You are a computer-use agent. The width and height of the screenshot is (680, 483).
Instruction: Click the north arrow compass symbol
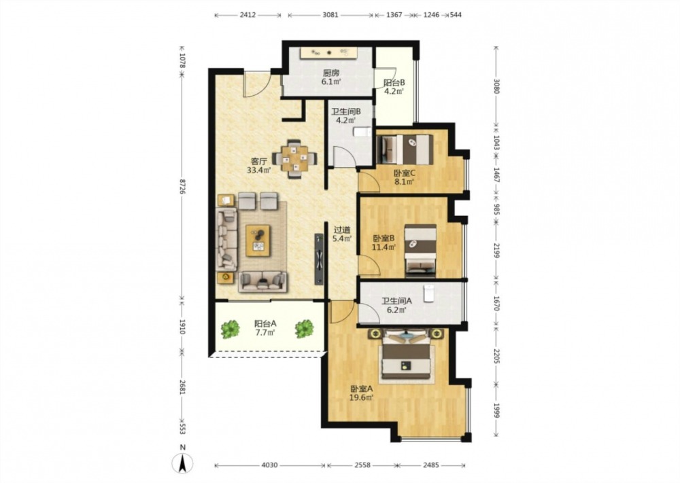(182, 464)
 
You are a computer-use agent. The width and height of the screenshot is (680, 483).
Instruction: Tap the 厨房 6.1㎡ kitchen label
(331, 77)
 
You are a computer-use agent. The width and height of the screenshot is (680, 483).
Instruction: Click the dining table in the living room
(294, 159)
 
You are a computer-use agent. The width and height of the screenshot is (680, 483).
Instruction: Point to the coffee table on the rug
(258, 240)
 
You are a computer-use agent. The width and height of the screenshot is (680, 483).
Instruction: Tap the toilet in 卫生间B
(362, 132)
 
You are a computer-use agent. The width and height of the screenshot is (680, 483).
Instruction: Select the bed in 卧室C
(405, 149)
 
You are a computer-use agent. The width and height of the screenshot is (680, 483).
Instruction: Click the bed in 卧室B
(420, 251)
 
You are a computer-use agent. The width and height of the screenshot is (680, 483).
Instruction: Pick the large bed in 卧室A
(407, 355)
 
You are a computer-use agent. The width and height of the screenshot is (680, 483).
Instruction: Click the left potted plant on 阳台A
(230, 329)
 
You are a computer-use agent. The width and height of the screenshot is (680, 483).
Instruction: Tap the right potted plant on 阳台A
(305, 329)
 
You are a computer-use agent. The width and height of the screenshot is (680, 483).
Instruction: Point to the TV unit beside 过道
(319, 259)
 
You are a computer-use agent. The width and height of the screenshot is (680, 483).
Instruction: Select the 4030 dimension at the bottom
(269, 465)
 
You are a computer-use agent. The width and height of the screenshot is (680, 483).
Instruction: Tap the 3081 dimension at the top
(330, 15)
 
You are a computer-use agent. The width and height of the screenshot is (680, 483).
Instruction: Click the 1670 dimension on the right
(497, 303)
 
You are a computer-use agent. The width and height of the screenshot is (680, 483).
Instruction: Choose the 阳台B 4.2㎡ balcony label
(394, 87)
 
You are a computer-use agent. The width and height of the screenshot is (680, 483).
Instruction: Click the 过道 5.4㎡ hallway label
(342, 234)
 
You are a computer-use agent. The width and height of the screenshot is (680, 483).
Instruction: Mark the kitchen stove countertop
(328, 52)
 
